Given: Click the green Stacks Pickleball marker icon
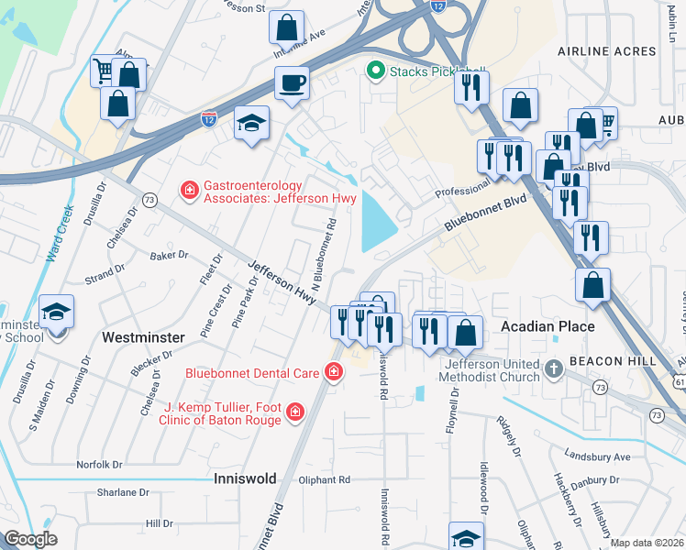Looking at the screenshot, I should [x=375, y=70].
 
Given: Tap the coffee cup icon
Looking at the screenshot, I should [x=292, y=83].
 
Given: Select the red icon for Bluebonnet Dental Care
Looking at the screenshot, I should [x=334, y=372].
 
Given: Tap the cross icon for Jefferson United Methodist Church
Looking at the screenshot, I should [x=553, y=369].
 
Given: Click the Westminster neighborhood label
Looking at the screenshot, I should [x=142, y=337].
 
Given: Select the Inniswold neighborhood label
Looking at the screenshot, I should [x=244, y=478].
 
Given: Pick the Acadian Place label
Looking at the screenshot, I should [x=548, y=326].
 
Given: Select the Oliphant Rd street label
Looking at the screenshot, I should [x=325, y=479].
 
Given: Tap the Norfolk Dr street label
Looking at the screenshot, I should [x=99, y=465].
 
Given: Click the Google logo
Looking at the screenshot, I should [x=31, y=539].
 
